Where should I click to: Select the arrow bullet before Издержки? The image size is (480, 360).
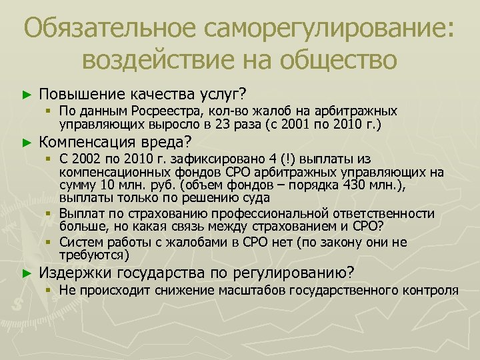click(x=27, y=273)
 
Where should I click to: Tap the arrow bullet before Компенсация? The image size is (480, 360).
click(x=27, y=142)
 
